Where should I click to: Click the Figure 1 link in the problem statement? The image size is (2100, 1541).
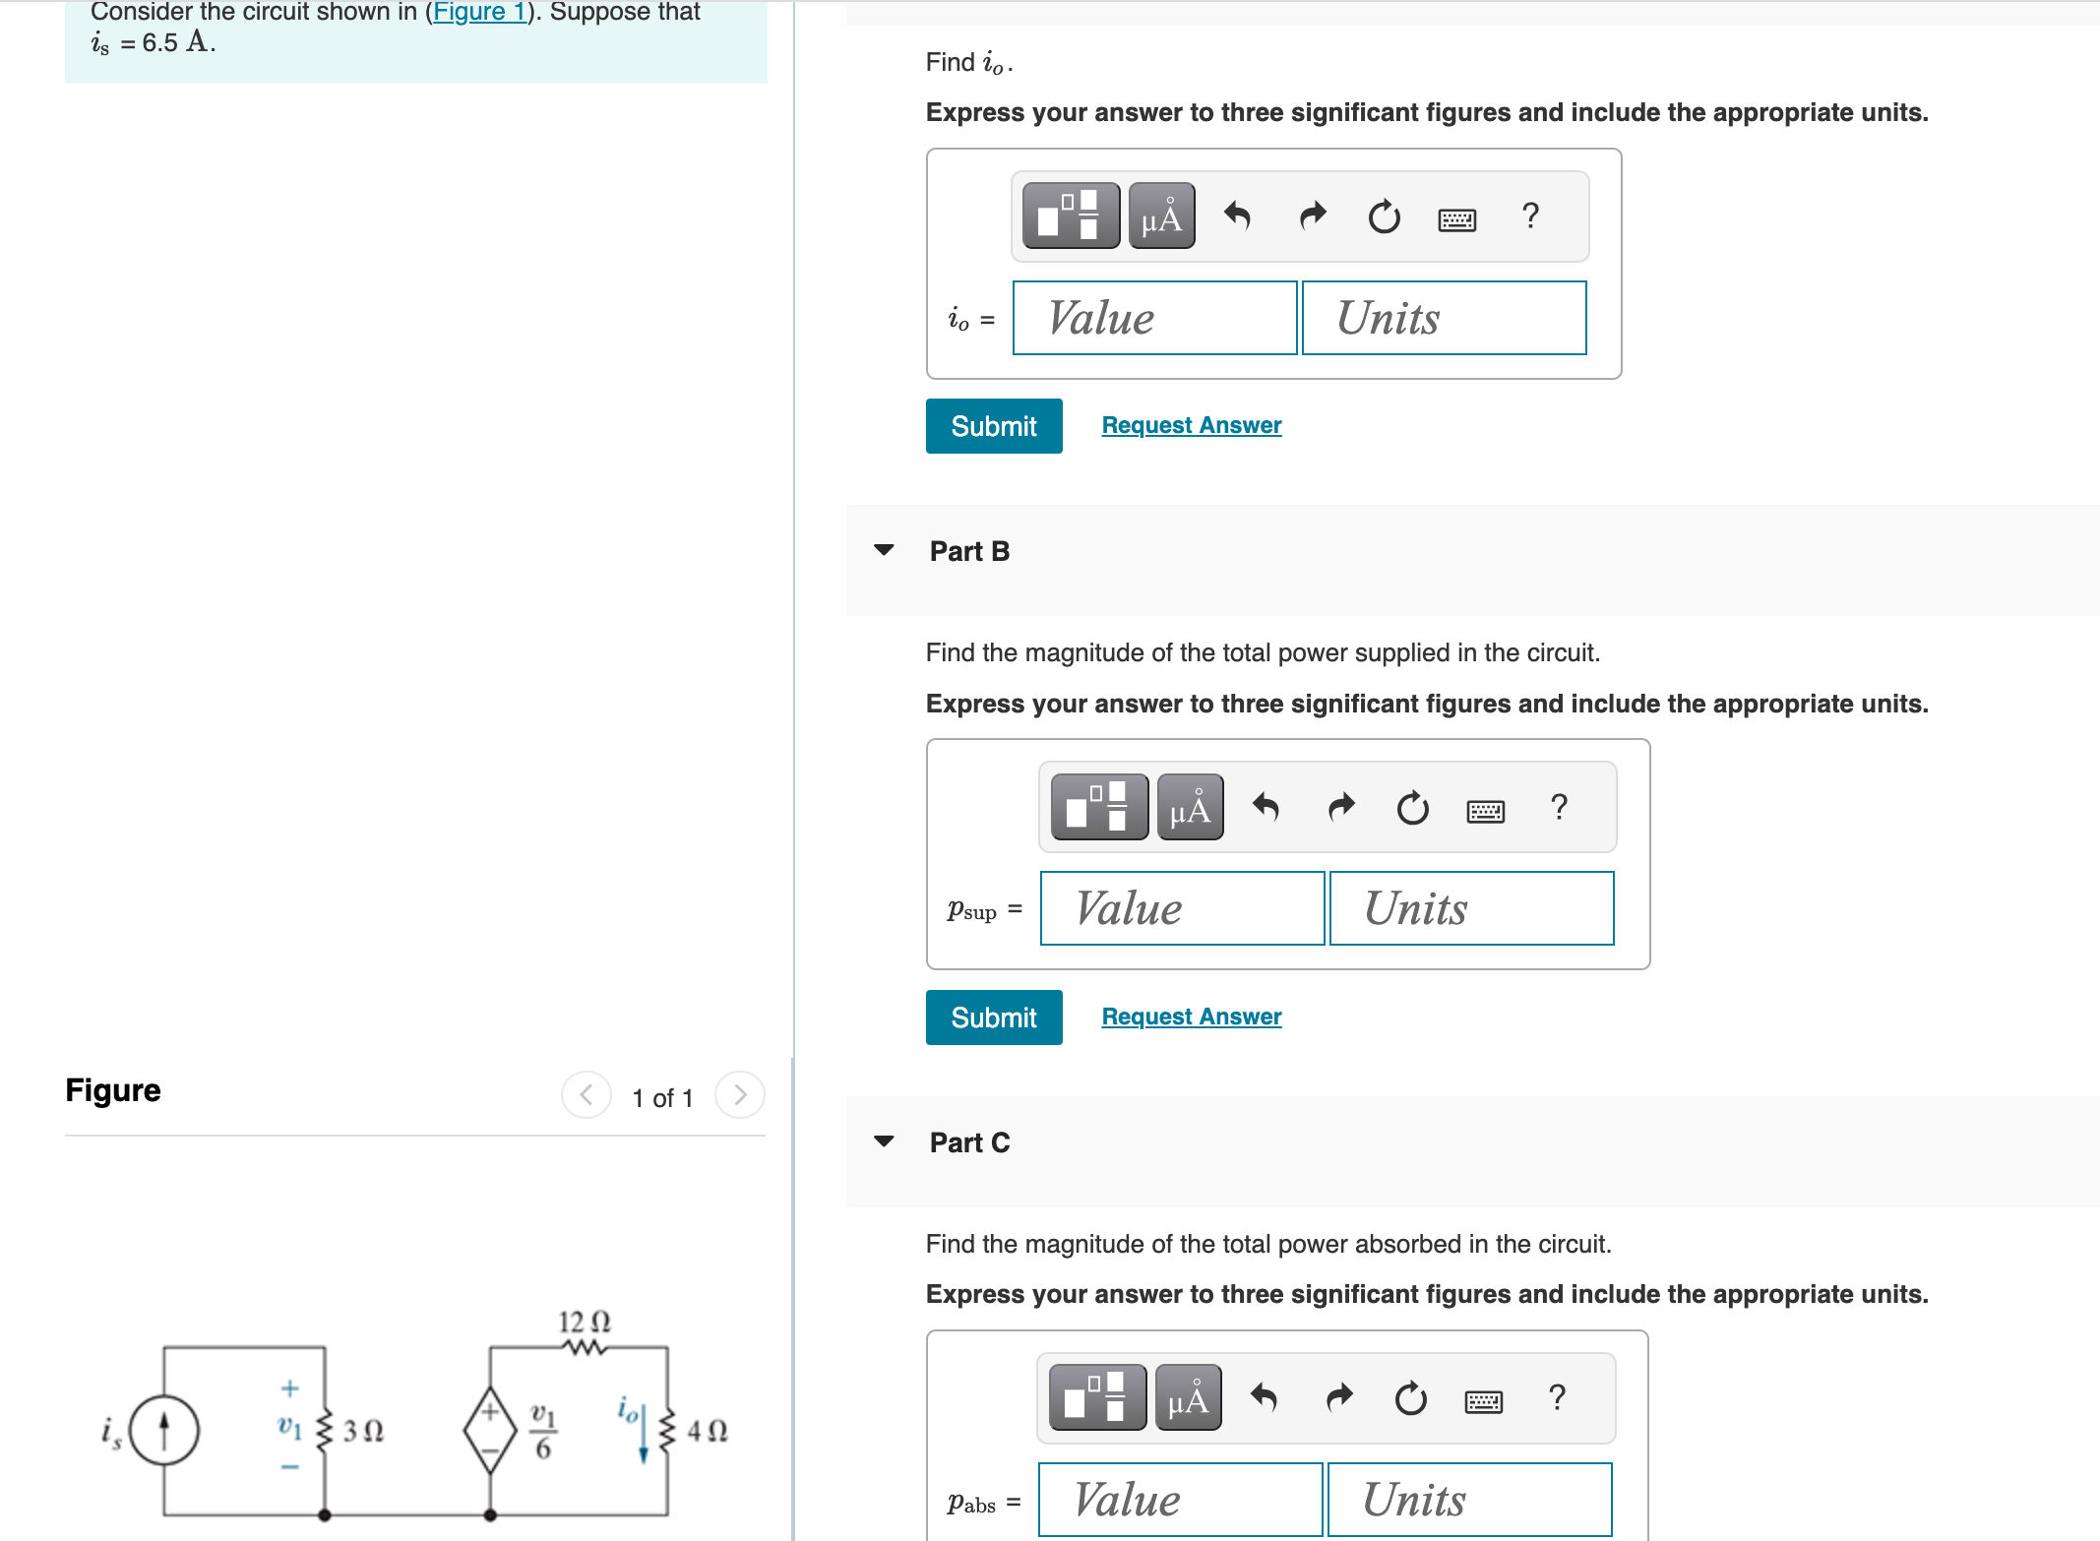[480, 12]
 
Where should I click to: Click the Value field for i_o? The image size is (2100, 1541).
[1154, 318]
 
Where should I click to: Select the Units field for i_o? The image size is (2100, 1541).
[1444, 318]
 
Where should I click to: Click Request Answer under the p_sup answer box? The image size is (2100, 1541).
[1191, 1017]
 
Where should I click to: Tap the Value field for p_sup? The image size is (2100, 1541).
[1182, 908]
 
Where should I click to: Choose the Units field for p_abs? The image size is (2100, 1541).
[1469, 1500]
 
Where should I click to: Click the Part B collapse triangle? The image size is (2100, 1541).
[884, 550]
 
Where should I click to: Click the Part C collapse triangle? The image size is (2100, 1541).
[884, 1141]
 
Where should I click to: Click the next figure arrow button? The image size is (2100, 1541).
[740, 1095]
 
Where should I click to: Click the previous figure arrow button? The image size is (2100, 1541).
[587, 1095]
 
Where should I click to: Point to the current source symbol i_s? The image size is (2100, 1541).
[164, 1431]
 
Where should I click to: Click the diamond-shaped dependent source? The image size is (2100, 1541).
[490, 1431]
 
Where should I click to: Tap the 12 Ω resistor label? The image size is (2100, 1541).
[585, 1322]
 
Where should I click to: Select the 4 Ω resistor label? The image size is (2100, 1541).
[707, 1431]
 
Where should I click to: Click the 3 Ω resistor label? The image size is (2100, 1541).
[363, 1431]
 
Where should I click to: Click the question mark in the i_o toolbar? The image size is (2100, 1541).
[1530, 216]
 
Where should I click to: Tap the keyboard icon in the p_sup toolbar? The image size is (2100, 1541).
[1485, 810]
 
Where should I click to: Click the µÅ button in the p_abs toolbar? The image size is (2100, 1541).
[1188, 1397]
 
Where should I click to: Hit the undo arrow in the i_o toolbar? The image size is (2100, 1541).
[1237, 216]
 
